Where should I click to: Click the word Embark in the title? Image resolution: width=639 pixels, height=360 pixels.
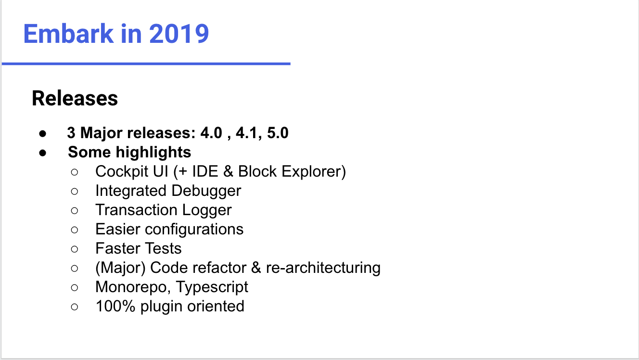point(68,34)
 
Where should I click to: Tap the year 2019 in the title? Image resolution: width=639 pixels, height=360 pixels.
point(179,34)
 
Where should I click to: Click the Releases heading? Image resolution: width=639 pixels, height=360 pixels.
point(75,98)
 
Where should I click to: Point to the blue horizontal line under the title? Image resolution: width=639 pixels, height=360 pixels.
point(146,64)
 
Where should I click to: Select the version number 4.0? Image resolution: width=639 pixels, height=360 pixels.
point(211,133)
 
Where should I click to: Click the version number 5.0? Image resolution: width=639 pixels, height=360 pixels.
point(278,133)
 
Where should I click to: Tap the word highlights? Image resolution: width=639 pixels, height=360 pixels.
point(153,152)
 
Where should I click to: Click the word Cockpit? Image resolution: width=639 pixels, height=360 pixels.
point(122,171)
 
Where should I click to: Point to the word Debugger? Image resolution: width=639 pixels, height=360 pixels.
point(206,191)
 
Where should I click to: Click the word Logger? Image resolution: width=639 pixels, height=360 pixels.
point(207,210)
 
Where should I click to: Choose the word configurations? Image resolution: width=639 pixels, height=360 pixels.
point(194,230)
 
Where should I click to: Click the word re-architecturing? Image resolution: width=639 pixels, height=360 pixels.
point(323,268)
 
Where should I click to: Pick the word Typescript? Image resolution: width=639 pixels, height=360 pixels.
point(212,287)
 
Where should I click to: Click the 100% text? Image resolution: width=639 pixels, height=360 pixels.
point(115,307)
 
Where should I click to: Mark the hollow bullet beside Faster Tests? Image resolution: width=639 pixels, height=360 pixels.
point(75,249)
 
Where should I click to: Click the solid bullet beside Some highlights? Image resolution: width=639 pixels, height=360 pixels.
point(43,153)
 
